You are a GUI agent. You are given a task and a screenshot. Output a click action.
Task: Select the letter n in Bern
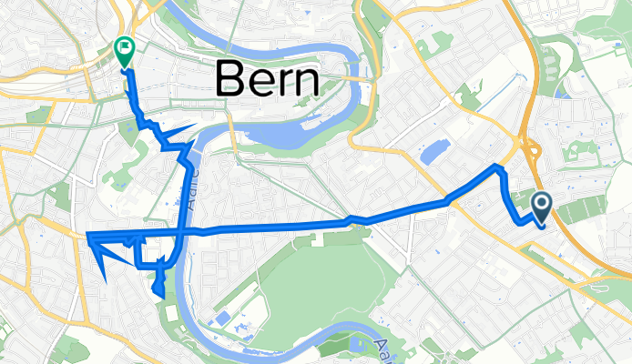307,84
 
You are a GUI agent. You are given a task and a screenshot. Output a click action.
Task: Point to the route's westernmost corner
87,238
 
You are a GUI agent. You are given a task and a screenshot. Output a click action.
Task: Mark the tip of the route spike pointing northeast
196,125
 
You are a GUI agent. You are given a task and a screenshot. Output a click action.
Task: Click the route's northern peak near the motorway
496,167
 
